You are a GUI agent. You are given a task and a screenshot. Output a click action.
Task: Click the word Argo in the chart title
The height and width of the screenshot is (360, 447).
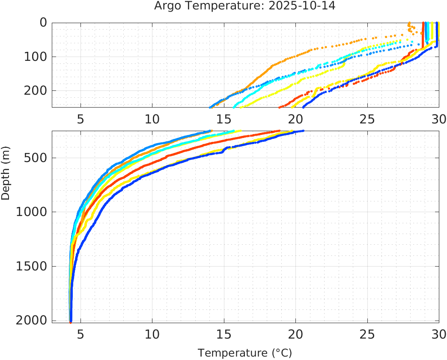[165, 6]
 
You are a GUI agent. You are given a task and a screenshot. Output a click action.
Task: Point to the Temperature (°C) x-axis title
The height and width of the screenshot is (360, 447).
[245, 353]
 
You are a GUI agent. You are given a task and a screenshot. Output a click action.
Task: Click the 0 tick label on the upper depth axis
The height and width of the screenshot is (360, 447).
[43, 23]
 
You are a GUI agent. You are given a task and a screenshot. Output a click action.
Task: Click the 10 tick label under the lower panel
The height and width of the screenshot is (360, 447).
[152, 334]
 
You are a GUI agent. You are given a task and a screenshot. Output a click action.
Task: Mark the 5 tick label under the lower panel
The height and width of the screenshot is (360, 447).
[80, 334]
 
